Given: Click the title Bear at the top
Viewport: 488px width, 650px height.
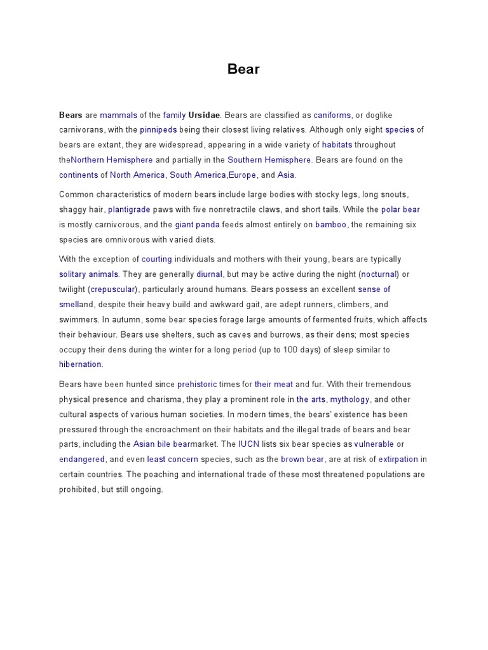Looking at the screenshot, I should pyautogui.click(x=243, y=69).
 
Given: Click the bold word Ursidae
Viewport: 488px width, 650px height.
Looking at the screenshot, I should pyautogui.click(x=204, y=115).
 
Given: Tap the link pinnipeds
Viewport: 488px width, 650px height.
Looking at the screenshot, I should pyautogui.click(x=158, y=129).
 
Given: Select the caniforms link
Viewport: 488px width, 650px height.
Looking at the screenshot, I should pyautogui.click(x=332, y=115).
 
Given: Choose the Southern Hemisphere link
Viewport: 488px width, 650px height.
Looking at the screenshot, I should pyautogui.click(x=269, y=160).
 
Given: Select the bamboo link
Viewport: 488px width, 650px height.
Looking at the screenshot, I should pyautogui.click(x=330, y=224).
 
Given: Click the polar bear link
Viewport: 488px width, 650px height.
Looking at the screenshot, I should pyautogui.click(x=400, y=209).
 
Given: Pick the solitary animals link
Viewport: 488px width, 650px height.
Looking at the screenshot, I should pyautogui.click(x=88, y=274).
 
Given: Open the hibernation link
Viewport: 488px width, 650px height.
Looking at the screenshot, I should pyautogui.click(x=80, y=364).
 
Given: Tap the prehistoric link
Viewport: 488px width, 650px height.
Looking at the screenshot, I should pyautogui.click(x=197, y=384).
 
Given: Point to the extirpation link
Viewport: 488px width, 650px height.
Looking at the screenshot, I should pyautogui.click(x=398, y=459).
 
